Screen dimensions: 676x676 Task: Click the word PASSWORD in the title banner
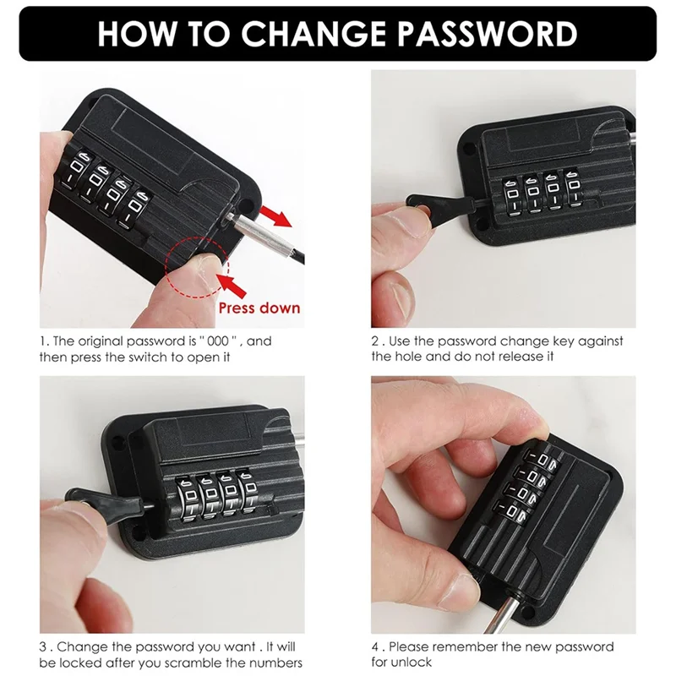487,33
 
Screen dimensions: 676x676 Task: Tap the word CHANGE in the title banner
313,33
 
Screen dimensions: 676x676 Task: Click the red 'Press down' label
259,308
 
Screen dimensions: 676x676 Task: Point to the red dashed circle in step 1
166,266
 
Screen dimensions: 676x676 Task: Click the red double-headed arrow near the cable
275,216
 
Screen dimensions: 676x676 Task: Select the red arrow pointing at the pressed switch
232,285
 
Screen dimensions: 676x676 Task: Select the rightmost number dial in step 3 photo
248,493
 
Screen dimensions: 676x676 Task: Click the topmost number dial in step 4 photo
544,460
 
